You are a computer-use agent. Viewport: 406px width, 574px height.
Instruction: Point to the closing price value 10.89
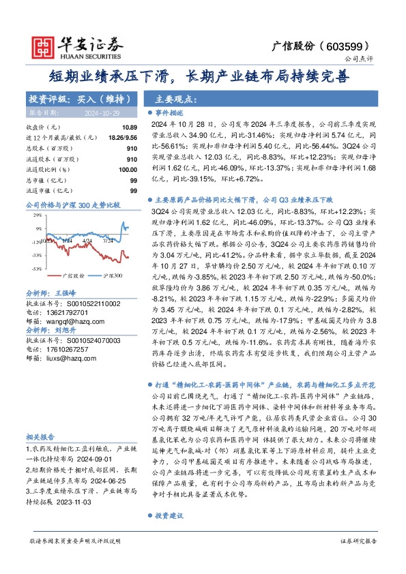point(130,127)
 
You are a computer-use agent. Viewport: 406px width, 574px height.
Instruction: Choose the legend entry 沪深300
point(113,276)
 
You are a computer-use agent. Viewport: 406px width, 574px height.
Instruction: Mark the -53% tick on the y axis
point(33,266)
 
